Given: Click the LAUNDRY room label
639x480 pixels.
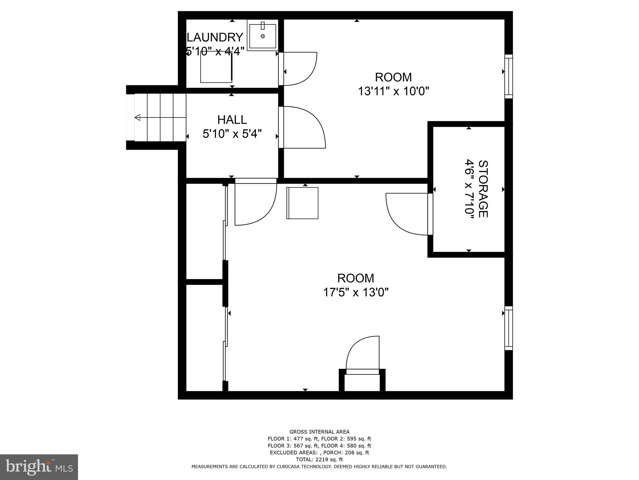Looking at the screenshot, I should (215, 37).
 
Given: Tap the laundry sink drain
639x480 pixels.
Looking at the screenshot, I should (263, 37).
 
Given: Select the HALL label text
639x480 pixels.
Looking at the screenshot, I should (232, 120).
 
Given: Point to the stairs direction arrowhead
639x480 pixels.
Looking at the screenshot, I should (138, 117).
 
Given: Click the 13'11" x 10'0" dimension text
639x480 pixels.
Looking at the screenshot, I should (393, 92).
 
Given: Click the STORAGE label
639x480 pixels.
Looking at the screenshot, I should (483, 189).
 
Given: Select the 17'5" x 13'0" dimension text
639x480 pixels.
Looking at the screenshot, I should (355, 293).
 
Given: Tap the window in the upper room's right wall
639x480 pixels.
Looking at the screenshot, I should (509, 77).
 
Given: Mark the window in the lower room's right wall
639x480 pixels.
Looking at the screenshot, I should (509, 328).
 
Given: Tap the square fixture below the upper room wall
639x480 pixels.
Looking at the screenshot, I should (302, 203).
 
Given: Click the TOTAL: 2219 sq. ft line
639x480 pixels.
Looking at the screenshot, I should (319, 459).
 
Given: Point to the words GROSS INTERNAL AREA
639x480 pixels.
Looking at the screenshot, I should (319, 432).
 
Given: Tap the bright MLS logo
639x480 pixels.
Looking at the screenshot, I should (39, 467).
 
